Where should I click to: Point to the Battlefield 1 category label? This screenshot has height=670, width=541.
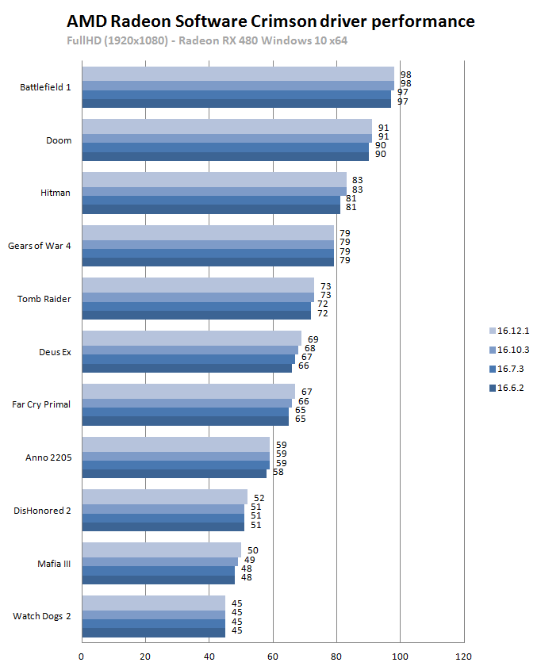coord(45,87)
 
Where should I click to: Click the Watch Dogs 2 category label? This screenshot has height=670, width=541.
coord(42,615)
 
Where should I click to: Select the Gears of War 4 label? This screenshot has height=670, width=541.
coord(40,246)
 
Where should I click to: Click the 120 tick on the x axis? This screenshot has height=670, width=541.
coord(464,657)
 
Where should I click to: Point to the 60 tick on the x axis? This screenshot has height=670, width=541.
coord(273,657)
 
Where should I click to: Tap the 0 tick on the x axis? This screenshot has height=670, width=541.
coord(82,657)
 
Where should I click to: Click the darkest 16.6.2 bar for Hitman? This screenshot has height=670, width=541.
coord(211,209)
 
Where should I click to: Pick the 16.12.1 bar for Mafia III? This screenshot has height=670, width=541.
coord(161,549)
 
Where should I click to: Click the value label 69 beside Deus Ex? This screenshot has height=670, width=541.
coord(313,339)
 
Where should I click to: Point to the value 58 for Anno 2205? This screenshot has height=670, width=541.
coord(278,472)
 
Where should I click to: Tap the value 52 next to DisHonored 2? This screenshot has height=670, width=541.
coord(259,498)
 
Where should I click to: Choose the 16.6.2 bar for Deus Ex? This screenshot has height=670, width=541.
coord(186,367)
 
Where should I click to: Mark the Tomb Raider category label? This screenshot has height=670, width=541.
coord(44,299)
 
